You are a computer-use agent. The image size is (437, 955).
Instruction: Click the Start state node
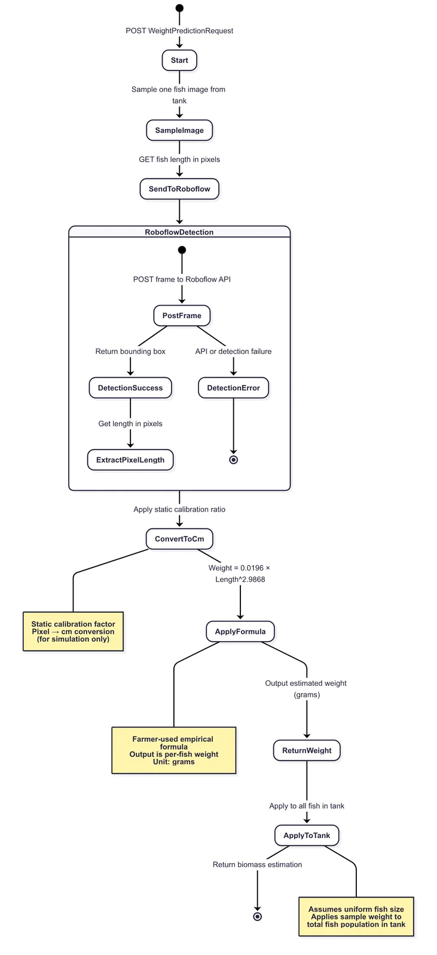pyautogui.click(x=179, y=60)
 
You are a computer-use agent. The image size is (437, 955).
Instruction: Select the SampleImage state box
pyautogui.click(x=179, y=131)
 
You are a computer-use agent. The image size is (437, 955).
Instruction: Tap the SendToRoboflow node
pyautogui.click(x=179, y=189)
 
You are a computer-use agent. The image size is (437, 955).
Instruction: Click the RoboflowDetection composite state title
pyautogui.click(x=179, y=232)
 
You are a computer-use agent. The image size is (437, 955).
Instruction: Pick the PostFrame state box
pyautogui.click(x=182, y=316)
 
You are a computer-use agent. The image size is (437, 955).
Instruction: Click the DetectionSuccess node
pyautogui.click(x=130, y=388)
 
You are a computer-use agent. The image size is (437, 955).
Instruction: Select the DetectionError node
pyautogui.click(x=234, y=388)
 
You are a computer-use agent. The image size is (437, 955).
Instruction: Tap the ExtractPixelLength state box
pyautogui.click(x=130, y=460)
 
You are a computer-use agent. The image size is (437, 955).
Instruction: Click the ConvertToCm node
pyautogui.click(x=179, y=539)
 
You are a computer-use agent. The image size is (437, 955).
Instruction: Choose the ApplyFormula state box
pyautogui.click(x=240, y=631)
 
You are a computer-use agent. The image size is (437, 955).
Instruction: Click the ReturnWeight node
pyautogui.click(x=307, y=750)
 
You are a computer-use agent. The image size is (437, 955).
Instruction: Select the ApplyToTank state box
pyautogui.click(x=307, y=835)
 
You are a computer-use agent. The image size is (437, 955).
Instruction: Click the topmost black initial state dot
pyautogui.click(x=179, y=8)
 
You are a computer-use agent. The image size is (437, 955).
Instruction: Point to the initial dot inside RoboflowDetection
pyautogui.click(x=182, y=250)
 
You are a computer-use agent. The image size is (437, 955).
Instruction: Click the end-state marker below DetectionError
pyautogui.click(x=234, y=460)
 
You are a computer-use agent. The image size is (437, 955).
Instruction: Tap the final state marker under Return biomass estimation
pyautogui.click(x=258, y=917)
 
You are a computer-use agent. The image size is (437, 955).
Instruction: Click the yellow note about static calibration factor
pyautogui.click(x=73, y=631)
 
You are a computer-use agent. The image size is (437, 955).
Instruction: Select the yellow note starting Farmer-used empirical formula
pyautogui.click(x=174, y=750)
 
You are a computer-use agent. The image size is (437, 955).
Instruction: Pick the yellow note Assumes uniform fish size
pyautogui.click(x=356, y=917)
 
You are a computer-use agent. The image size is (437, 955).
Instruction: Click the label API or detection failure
pyautogui.click(x=234, y=352)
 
